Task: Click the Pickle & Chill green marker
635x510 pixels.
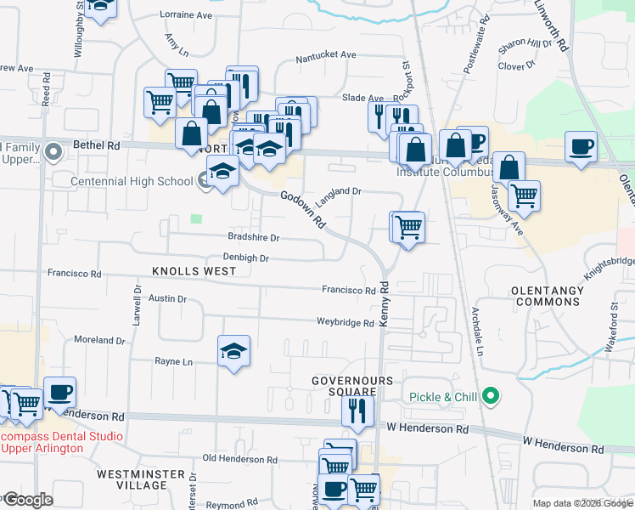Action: coord(490,396)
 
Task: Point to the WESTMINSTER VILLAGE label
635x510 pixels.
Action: coord(132,479)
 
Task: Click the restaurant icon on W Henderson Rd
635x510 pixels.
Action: coord(357,411)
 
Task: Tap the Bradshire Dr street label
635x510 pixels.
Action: coord(254,237)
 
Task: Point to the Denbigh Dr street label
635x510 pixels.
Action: coord(246,258)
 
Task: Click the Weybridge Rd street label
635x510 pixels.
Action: coord(345,323)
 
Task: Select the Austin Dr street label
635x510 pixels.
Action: coord(167,298)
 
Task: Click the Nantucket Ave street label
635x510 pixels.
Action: coord(326,56)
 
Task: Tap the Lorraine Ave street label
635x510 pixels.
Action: coord(186,16)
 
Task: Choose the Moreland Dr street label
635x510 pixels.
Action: coord(100,340)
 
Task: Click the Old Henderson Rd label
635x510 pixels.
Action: coord(240,459)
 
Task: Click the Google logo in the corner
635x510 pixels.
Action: coord(27,500)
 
